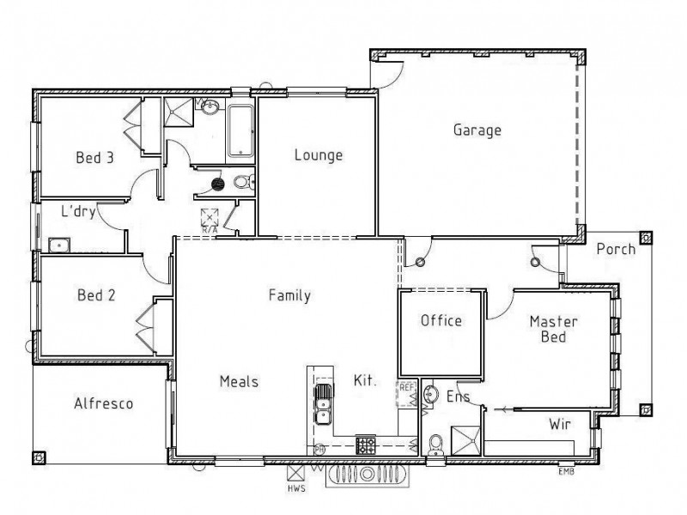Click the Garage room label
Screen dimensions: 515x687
coord(477,130)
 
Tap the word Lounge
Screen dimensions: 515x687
coord(318,155)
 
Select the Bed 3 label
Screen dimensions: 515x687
coord(94,157)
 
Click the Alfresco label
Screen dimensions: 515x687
coord(103,403)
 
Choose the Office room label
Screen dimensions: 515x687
coord(441,321)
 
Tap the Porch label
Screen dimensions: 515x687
coord(616,249)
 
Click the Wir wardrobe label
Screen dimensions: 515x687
coord(560,423)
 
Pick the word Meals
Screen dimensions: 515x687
coord(239,382)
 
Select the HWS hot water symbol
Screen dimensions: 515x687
coord(296,473)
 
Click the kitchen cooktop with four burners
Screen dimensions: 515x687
coord(367,445)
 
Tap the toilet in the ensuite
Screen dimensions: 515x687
coord(436,443)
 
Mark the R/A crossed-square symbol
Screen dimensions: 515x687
coord(209,216)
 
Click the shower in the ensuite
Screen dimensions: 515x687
coord(465,440)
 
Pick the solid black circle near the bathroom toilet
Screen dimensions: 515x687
coord(217,182)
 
